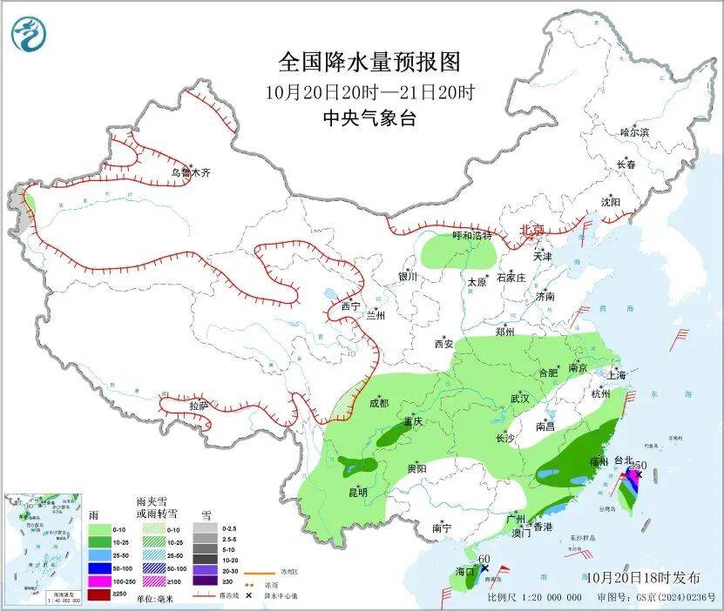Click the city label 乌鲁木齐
(191, 173)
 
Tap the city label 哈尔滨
(634, 132)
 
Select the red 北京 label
(531, 230)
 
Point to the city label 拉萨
(199, 405)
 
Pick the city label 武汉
(521, 398)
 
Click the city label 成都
(379, 403)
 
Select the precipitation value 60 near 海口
(485, 558)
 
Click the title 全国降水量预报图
(369, 62)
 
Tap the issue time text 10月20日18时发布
(642, 577)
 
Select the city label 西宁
(350, 306)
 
